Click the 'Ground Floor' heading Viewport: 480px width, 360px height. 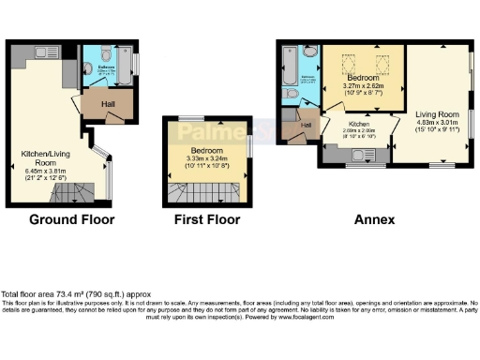pyautogui.click(x=71, y=220)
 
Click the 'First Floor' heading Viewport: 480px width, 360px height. pyautogui.click(x=207, y=220)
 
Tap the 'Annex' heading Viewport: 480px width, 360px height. pyautogui.click(x=374, y=220)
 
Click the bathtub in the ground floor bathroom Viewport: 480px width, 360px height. pyautogui.click(x=130, y=67)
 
